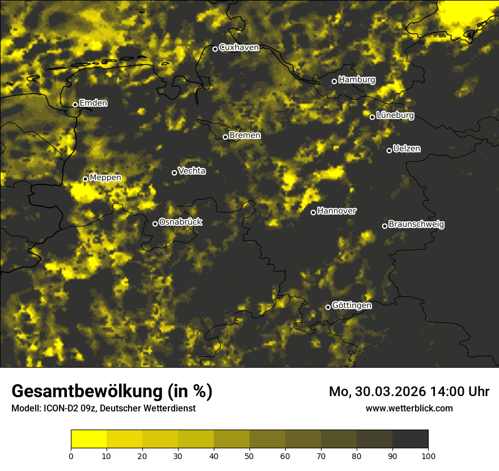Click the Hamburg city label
pyautogui.click(x=357, y=80)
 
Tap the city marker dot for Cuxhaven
pyautogui.click(x=215, y=49)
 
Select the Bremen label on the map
pyautogui.click(x=245, y=136)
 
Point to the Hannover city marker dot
pyautogui.click(x=313, y=212)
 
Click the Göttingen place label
pyautogui.click(x=352, y=306)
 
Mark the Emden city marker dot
pyautogui.click(x=75, y=104)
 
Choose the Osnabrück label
pyautogui.click(x=180, y=222)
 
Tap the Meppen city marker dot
pyautogui.click(x=85, y=179)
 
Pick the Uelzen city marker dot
pyautogui.click(x=389, y=150)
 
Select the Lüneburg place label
pyautogui.click(x=395, y=115)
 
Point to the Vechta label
pyautogui.click(x=192, y=171)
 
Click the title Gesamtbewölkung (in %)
pyautogui.click(x=112, y=392)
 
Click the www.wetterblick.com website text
pyautogui.click(x=409, y=408)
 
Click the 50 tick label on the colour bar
pyautogui.click(x=249, y=456)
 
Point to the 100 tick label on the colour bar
pyautogui.click(x=428, y=456)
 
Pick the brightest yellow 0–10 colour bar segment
pyautogui.click(x=88, y=439)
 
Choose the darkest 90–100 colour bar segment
pyautogui.click(x=410, y=439)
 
